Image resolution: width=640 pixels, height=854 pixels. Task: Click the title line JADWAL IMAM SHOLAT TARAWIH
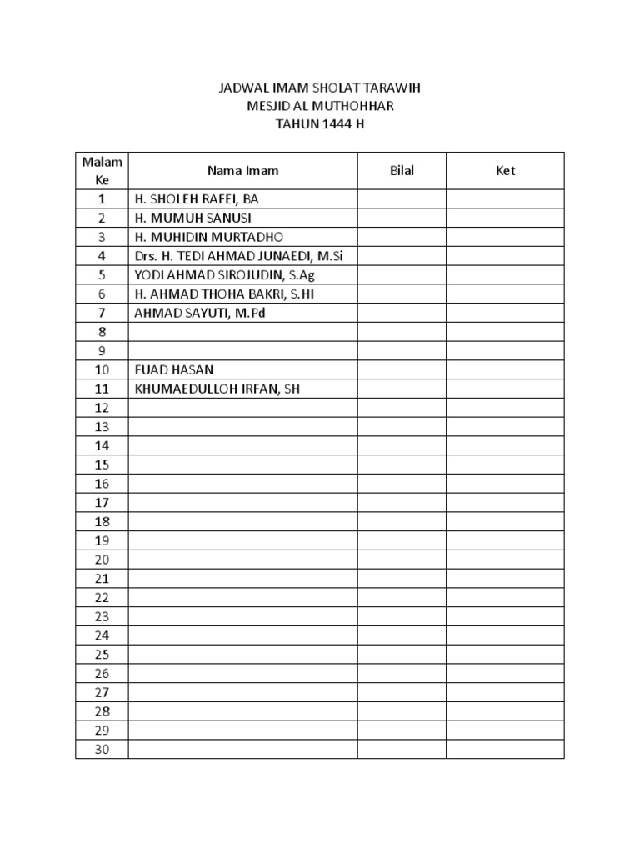coord(319,88)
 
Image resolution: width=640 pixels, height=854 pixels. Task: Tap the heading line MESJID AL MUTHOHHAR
coord(319,106)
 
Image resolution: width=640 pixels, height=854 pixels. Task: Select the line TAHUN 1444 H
coord(319,124)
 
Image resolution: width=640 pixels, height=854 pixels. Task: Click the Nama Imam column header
coord(243,171)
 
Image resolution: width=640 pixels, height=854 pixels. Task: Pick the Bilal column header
coord(402,171)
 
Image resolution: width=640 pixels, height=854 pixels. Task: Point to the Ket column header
coord(505,171)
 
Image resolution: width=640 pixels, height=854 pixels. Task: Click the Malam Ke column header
coord(102,171)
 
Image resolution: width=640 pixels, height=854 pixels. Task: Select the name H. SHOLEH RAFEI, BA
coord(197,199)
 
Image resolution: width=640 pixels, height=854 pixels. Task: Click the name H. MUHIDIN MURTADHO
coord(202,237)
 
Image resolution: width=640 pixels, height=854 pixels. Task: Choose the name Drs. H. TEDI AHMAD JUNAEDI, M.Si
coord(238,256)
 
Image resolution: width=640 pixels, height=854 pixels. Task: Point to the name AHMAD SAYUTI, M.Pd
coord(197,313)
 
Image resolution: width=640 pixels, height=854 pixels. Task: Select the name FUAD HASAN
coord(168,369)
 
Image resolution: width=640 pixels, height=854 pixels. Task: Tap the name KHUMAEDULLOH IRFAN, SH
coord(217,389)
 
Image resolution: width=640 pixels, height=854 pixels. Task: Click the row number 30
coord(102,750)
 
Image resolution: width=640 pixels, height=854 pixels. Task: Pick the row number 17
coord(102,503)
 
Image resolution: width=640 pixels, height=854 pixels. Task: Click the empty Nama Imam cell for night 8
coord(243,332)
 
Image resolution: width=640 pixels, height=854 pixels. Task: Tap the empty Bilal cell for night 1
coord(402,199)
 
